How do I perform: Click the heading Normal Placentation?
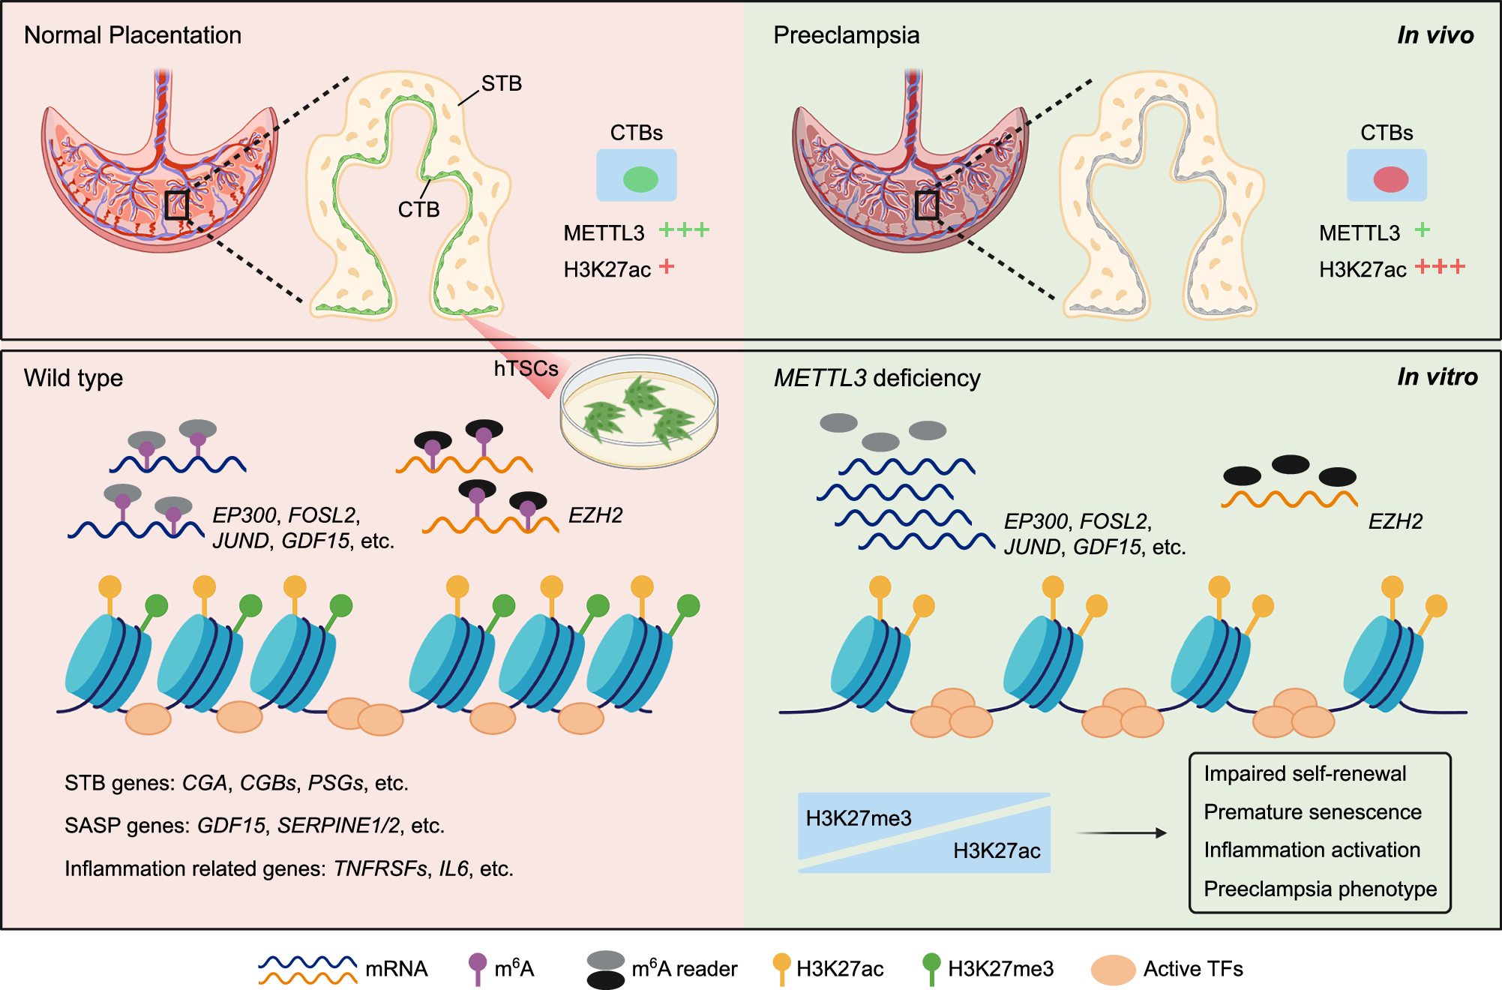(x=133, y=35)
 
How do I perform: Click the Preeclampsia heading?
(x=846, y=35)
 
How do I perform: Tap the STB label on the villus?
(x=501, y=83)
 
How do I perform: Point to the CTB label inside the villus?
(x=418, y=209)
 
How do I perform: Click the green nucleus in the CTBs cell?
(x=640, y=179)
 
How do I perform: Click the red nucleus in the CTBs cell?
(x=1390, y=179)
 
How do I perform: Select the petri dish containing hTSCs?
(x=639, y=412)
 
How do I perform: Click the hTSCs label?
(x=526, y=368)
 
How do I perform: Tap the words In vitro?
(x=1437, y=376)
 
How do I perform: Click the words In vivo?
(x=1435, y=35)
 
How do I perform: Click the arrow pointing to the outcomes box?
(x=1121, y=832)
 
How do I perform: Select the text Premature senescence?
(x=1312, y=811)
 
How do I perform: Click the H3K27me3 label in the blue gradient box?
(x=858, y=817)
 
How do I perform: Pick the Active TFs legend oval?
(x=1112, y=970)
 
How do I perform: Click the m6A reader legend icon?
(x=606, y=970)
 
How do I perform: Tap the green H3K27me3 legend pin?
(x=931, y=967)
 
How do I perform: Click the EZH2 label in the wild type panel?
(x=595, y=515)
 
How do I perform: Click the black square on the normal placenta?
(x=176, y=205)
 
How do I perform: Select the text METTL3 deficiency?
(x=877, y=378)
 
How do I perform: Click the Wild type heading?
(x=73, y=378)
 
